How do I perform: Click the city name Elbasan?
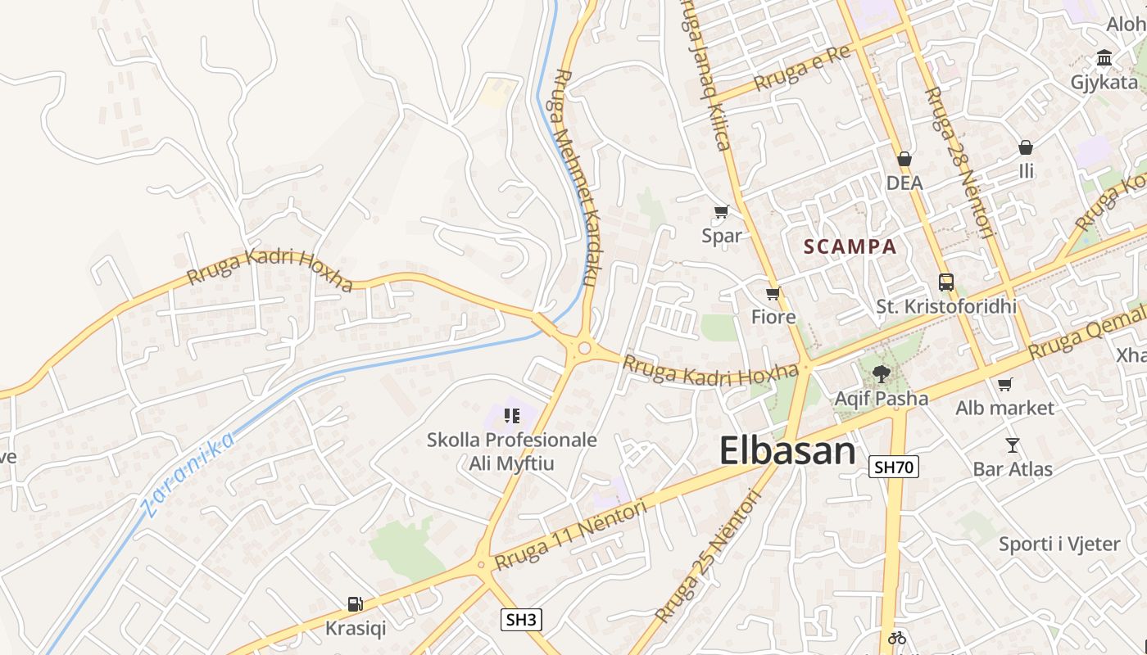click(x=787, y=451)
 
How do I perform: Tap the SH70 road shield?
click(x=893, y=468)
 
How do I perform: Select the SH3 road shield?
click(x=521, y=620)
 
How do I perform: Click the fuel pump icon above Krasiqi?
click(x=355, y=604)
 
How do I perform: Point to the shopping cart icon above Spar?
click(x=721, y=212)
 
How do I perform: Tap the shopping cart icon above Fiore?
click(x=773, y=293)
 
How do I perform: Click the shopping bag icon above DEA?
click(x=904, y=159)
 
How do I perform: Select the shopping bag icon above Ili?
click(x=1025, y=147)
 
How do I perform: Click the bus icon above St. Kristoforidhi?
click(x=946, y=282)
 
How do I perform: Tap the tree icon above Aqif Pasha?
click(x=882, y=374)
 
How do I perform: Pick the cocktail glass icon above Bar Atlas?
click(x=1013, y=445)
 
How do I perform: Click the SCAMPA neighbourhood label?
click(x=850, y=246)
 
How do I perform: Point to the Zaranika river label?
click(x=188, y=476)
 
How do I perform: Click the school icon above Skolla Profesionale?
click(x=513, y=416)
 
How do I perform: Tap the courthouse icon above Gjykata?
click(x=1104, y=58)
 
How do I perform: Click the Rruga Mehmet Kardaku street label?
click(x=575, y=176)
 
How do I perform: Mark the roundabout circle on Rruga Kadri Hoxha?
click(x=583, y=349)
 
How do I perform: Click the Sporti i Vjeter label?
click(x=1059, y=544)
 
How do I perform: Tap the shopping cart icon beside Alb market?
click(x=1005, y=384)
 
